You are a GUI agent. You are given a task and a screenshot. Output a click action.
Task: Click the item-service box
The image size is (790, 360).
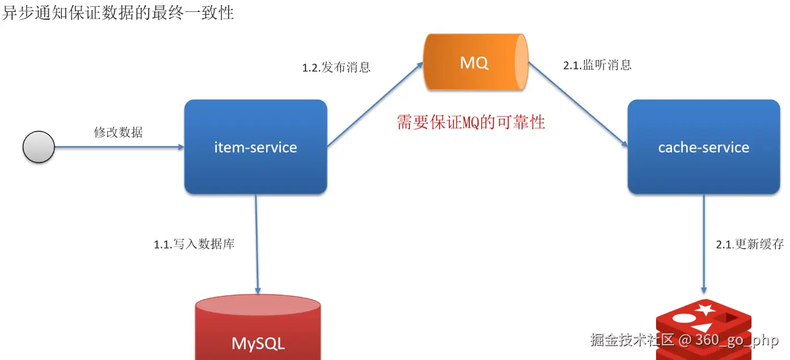[x=255, y=147]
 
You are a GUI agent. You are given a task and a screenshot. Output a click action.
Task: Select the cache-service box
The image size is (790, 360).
[x=703, y=147]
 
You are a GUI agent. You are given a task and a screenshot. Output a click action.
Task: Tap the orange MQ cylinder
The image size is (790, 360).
[x=476, y=62]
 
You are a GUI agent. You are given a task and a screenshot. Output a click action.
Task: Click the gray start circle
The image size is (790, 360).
[x=39, y=147]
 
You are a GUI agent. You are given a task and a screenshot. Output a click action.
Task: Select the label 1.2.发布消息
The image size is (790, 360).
[x=336, y=68]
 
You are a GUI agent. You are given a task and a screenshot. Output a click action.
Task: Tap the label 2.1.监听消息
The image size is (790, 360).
[x=597, y=65]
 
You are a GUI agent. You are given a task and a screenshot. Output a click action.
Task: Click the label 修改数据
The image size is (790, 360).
[x=118, y=133]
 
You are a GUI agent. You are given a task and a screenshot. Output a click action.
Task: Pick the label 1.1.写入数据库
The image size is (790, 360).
[x=194, y=245]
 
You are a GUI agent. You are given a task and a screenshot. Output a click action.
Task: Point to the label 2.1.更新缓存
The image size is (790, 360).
[x=750, y=245]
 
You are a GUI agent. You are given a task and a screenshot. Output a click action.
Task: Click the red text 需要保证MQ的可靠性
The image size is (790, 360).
[x=470, y=122]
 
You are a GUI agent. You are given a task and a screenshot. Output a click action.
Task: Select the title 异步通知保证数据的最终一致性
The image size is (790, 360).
[x=117, y=12]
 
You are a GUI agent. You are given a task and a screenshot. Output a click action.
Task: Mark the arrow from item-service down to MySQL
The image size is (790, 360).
[x=257, y=244]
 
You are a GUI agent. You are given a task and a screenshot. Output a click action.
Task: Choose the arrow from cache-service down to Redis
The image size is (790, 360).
[x=704, y=244]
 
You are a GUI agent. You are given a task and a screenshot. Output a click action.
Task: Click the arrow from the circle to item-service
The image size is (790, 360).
[x=119, y=147]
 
